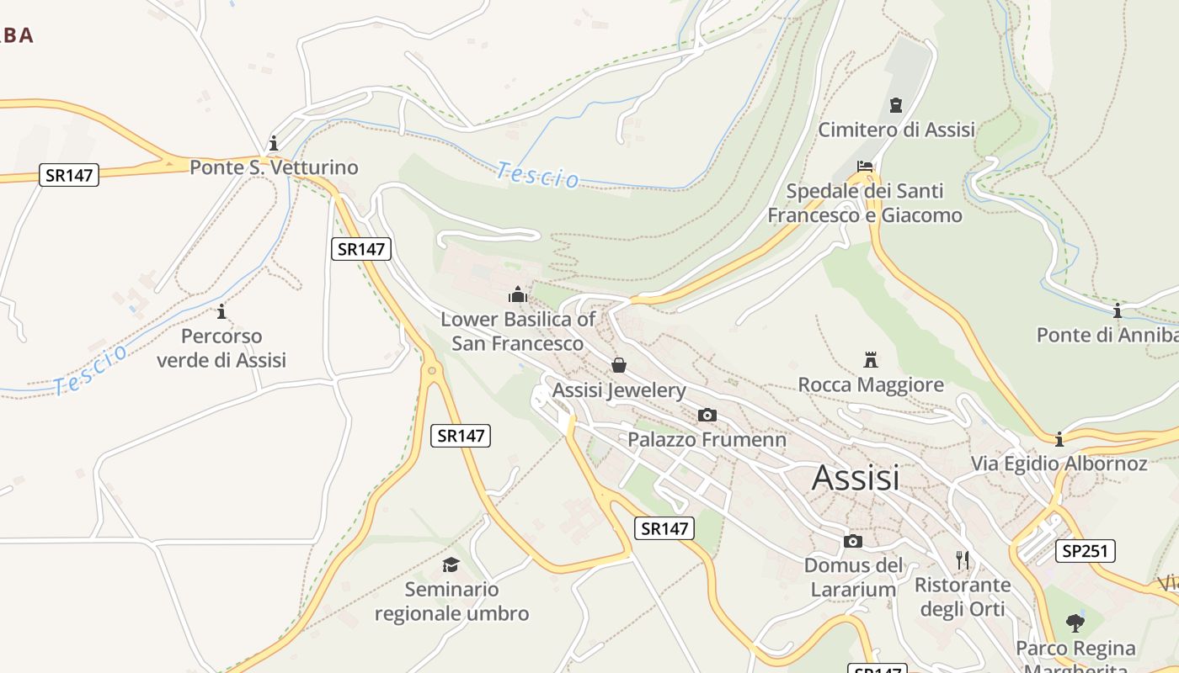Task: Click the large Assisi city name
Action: click(x=855, y=478)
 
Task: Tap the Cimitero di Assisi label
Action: click(x=896, y=130)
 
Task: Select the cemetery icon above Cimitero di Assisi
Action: click(x=895, y=105)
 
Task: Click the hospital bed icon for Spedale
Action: click(x=865, y=167)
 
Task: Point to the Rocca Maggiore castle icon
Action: click(x=871, y=360)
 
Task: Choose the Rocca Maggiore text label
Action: click(x=871, y=385)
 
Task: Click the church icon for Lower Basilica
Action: click(x=517, y=294)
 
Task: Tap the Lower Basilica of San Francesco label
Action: click(x=517, y=331)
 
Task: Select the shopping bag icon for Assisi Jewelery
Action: click(x=619, y=365)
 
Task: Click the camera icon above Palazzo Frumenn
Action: click(x=707, y=415)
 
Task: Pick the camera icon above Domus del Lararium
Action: click(x=853, y=541)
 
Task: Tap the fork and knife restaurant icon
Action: click(x=963, y=559)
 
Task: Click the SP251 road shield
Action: click(x=1086, y=551)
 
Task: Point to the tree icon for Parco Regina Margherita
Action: click(x=1075, y=623)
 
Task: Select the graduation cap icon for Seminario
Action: click(x=451, y=564)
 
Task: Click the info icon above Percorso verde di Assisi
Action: click(x=221, y=312)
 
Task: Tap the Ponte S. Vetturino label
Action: click(x=274, y=167)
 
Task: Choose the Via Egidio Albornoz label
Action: click(x=1059, y=464)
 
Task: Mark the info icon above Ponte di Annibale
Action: click(x=1117, y=311)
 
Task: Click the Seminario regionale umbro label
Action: click(x=451, y=601)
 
